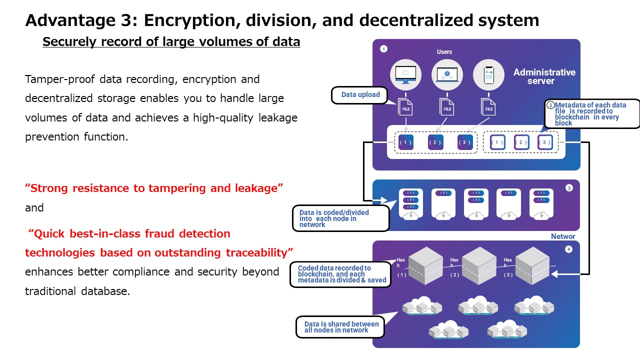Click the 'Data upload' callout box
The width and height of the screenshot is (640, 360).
pyautogui.click(x=360, y=95)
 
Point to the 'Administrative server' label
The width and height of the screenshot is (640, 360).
pyautogui.click(x=544, y=76)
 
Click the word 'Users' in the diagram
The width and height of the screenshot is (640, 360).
pyautogui.click(x=444, y=52)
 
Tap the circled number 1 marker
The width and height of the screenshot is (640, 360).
pyautogui.click(x=383, y=49)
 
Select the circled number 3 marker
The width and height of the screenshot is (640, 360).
pyautogui.click(x=568, y=188)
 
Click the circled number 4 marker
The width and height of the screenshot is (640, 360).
pyautogui.click(x=568, y=249)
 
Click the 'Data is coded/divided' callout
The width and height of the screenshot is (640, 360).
pyautogui.click(x=340, y=218)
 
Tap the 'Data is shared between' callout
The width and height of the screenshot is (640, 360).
pyautogui.click(x=341, y=327)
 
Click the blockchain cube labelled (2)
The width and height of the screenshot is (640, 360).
pyautogui.click(x=479, y=265)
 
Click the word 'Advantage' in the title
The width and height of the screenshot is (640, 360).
pyautogui.click(x=56, y=20)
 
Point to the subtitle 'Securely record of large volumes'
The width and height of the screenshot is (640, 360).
pyautogui.click(x=171, y=42)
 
